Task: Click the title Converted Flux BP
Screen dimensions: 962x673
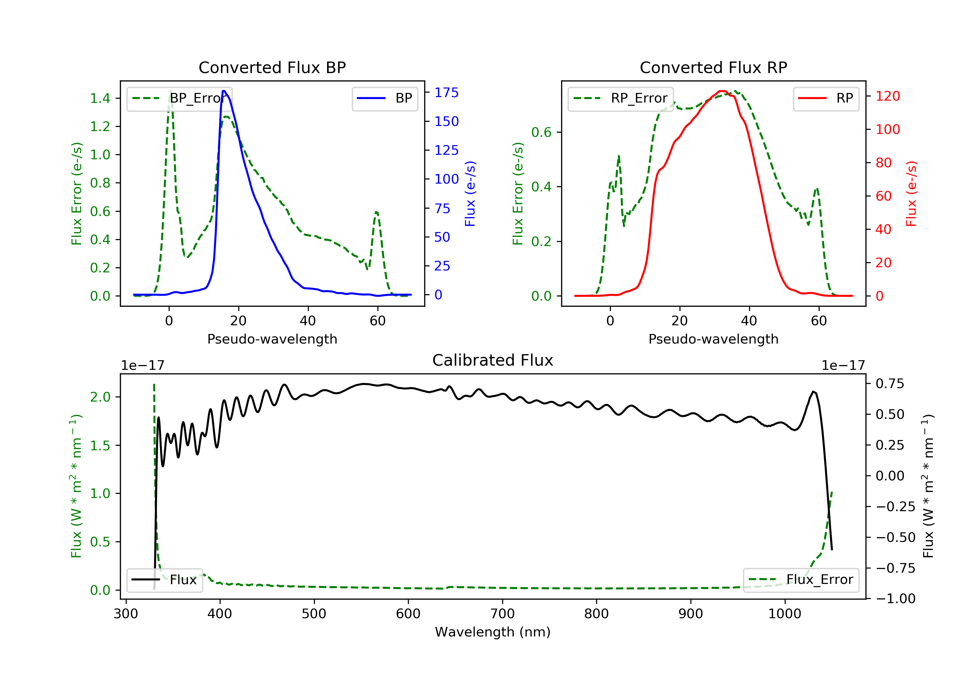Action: (272, 67)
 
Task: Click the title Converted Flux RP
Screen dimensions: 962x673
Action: (713, 67)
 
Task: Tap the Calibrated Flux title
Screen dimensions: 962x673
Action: (493, 360)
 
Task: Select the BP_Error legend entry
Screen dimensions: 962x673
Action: (179, 98)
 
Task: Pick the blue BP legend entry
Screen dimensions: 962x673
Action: (384, 98)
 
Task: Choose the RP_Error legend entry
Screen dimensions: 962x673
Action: (620, 98)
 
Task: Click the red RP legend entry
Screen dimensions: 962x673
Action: (826, 98)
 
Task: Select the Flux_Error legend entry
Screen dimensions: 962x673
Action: (801, 580)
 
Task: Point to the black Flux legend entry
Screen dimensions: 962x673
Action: (164, 580)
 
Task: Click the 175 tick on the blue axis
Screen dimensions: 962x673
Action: (447, 93)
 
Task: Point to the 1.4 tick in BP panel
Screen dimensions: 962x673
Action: (100, 98)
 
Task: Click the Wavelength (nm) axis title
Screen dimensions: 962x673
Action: (493, 632)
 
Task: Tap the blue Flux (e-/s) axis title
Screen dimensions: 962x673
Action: (470, 194)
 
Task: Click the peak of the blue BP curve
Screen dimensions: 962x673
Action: (224, 91)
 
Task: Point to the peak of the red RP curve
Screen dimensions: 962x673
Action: (721, 91)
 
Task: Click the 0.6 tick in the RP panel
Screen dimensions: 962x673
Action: (541, 132)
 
